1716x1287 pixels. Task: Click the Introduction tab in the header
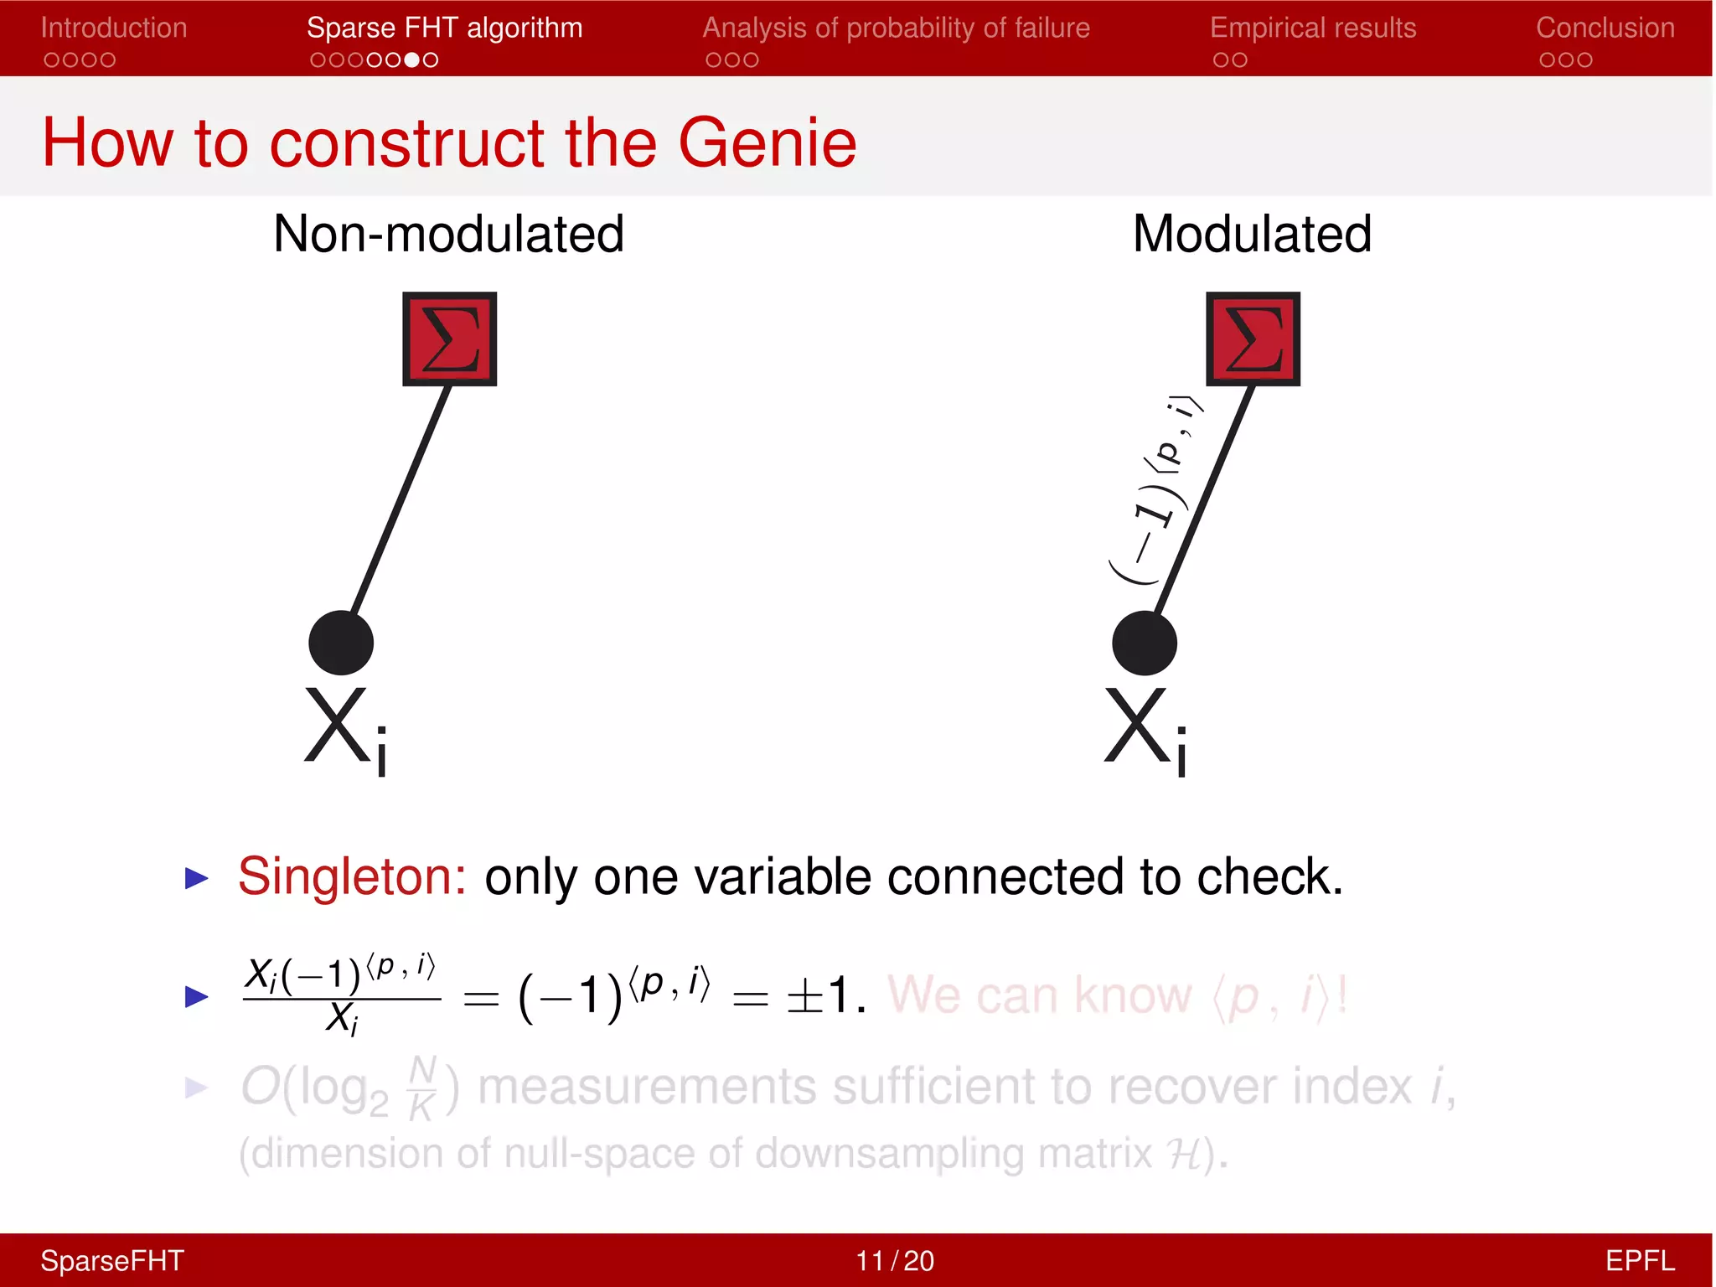pyautogui.click(x=114, y=28)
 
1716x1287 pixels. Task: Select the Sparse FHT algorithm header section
pyautogui.click(x=444, y=28)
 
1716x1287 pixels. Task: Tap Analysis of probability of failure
pyautogui.click(x=896, y=28)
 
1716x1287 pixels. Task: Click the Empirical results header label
pyautogui.click(x=1312, y=28)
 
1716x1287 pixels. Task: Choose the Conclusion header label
pyautogui.click(x=1605, y=28)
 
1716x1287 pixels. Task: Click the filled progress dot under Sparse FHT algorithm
pyautogui.click(x=411, y=60)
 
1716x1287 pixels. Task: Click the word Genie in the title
pyautogui.click(x=767, y=142)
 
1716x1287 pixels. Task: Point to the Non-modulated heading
pyautogui.click(x=448, y=234)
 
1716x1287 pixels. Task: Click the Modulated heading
pyautogui.click(x=1252, y=234)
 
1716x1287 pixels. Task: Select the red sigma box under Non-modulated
pyautogui.click(x=450, y=339)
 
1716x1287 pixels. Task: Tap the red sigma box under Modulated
pyautogui.click(x=1253, y=339)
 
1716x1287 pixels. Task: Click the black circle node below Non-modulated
pyautogui.click(x=341, y=643)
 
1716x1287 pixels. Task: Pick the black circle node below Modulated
pyautogui.click(x=1145, y=643)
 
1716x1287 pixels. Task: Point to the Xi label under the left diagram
pyautogui.click(x=346, y=729)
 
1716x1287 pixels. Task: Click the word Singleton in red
pyautogui.click(x=352, y=876)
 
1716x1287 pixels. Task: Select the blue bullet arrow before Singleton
pyautogui.click(x=196, y=878)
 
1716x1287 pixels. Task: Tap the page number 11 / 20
pyautogui.click(x=894, y=1260)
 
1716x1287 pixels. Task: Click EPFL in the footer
pyautogui.click(x=1639, y=1260)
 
